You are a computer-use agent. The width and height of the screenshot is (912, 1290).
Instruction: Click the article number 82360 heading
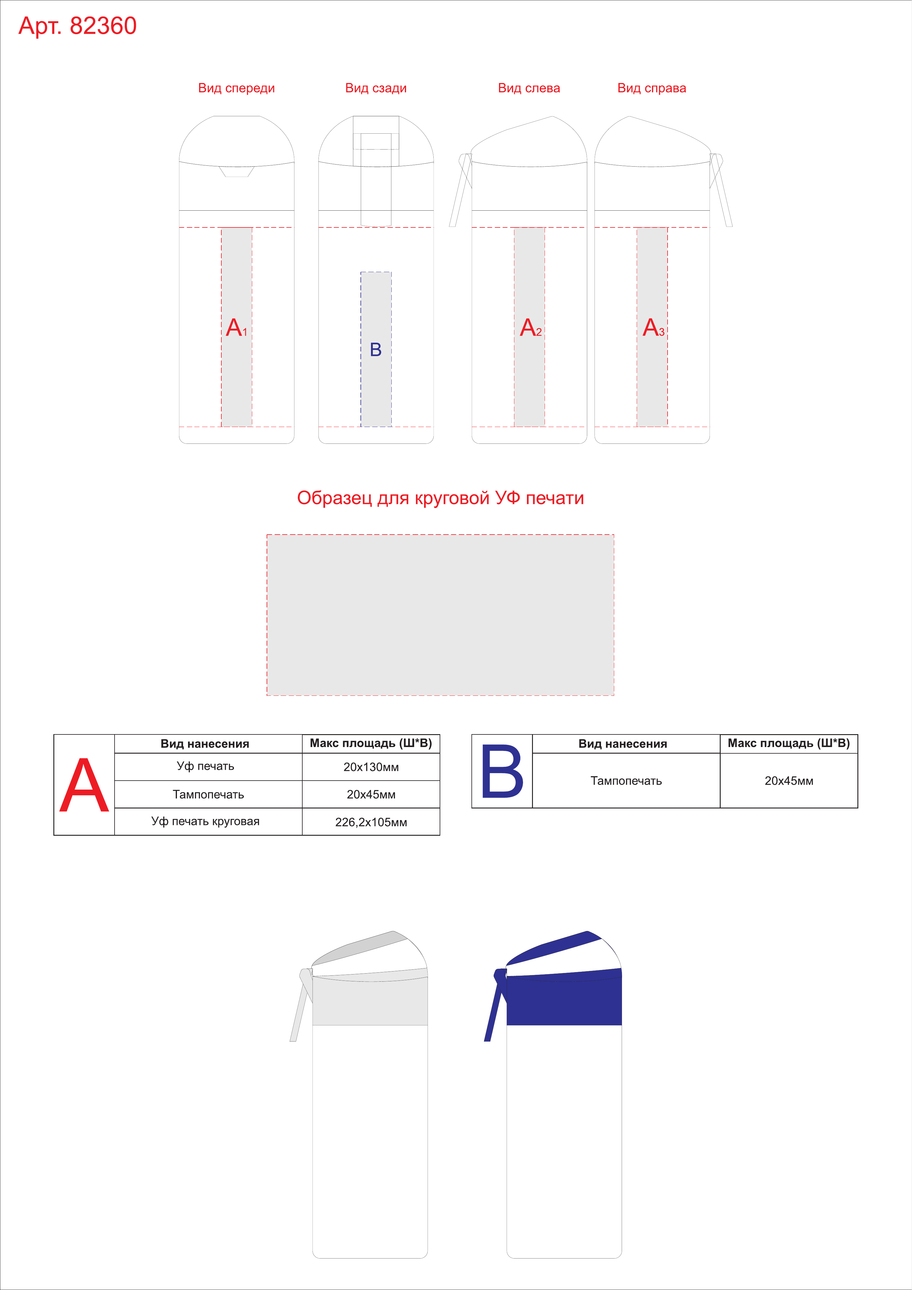click(x=78, y=26)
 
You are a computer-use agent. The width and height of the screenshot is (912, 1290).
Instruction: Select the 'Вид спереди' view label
click(x=236, y=88)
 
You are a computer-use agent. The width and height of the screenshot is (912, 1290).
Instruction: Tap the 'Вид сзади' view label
click(x=375, y=88)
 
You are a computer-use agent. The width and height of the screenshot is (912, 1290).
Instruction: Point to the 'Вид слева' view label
click(x=529, y=88)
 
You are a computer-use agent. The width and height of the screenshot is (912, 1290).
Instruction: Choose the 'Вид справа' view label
click(x=652, y=88)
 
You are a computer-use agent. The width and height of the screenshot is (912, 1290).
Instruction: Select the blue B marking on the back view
click(x=375, y=349)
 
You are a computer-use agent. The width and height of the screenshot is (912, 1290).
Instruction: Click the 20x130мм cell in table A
click(x=371, y=767)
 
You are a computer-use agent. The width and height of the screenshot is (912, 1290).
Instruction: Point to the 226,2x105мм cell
click(x=371, y=822)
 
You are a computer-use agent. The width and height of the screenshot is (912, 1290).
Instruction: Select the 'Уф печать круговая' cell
click(x=205, y=821)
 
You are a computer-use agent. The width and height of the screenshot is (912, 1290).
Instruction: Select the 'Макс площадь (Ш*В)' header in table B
click(x=789, y=743)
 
